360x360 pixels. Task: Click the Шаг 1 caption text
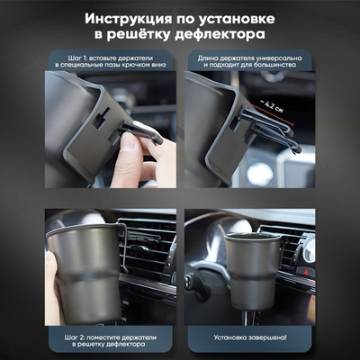111,59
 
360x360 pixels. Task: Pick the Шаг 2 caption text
111,339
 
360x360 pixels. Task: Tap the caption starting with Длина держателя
250,59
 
